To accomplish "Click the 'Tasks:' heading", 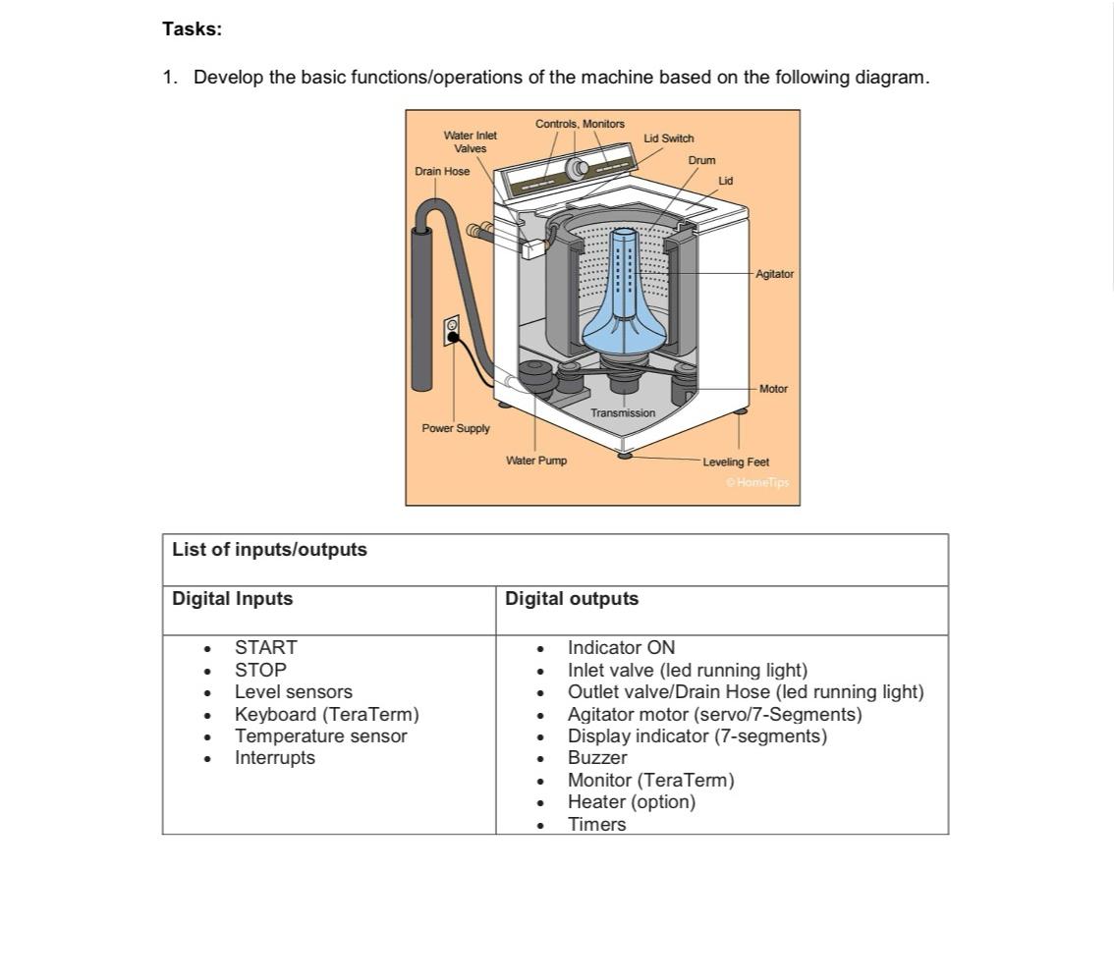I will (193, 29).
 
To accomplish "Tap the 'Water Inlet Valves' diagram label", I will (470, 141).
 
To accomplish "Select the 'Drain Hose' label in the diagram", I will (442, 171).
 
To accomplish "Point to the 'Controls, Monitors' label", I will (580, 124).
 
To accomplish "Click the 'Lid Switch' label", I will (668, 138).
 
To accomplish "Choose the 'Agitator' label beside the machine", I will (774, 274).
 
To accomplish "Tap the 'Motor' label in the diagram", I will (773, 389).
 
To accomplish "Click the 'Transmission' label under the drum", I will (623, 413).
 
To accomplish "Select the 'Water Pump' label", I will (536, 461).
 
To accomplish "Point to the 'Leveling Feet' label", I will (736, 462).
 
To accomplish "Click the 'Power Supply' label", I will (456, 428).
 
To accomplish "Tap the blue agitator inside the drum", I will (623, 295).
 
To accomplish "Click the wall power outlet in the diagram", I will (452, 330).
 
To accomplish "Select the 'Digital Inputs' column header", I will (232, 599).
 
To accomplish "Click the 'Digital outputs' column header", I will (572, 599).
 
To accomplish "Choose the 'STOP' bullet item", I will (260, 670).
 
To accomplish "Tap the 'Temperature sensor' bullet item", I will (320, 735).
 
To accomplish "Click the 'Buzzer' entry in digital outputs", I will (597, 757).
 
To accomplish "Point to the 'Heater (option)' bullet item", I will (631, 801).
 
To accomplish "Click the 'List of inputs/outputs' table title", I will (269, 550).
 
